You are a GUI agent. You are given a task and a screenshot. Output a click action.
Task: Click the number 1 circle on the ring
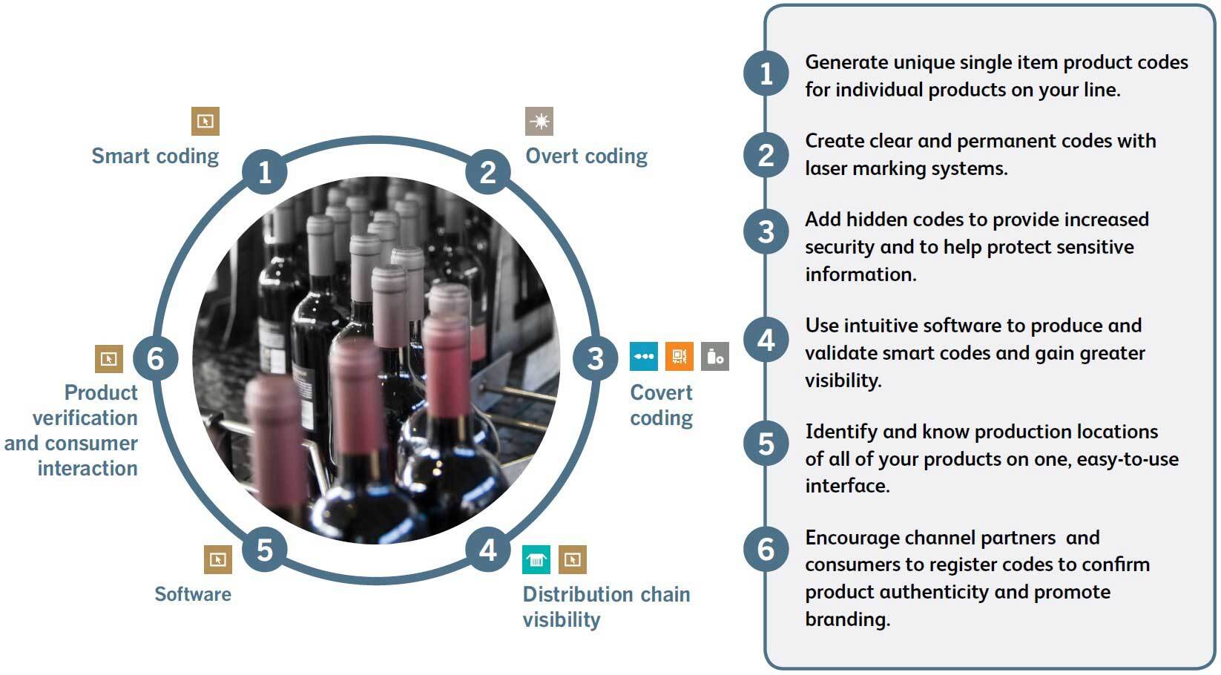pos(265,172)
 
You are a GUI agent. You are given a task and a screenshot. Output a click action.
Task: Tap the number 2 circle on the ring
pos(487,172)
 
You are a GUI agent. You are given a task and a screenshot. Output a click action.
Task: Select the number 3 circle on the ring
pos(595,358)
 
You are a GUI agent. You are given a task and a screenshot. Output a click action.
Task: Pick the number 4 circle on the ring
pos(487,550)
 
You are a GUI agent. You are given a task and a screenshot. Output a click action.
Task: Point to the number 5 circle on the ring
pos(265,550)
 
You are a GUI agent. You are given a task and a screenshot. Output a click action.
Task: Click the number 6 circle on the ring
pos(156,358)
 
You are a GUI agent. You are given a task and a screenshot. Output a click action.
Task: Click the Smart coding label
pos(155,156)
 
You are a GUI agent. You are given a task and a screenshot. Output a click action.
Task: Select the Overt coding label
pos(586,156)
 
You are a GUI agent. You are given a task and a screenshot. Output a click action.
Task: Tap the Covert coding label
pos(661,405)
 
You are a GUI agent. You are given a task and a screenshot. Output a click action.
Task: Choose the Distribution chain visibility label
pos(606,607)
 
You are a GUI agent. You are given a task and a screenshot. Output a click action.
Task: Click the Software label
pos(193,594)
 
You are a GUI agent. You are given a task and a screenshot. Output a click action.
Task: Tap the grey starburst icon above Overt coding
pos(539,121)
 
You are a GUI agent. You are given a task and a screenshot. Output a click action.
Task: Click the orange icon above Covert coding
pos(679,356)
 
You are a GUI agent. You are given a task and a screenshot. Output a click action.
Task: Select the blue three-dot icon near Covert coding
pos(644,356)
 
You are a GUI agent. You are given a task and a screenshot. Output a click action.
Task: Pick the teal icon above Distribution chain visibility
pos(536,560)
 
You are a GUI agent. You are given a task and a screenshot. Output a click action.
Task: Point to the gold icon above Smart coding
pos(205,121)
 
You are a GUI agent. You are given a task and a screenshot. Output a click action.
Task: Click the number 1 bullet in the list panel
pos(766,73)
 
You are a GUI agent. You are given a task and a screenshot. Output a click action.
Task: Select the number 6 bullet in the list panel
pos(766,550)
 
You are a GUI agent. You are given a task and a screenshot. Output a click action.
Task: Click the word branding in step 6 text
pos(847,619)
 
